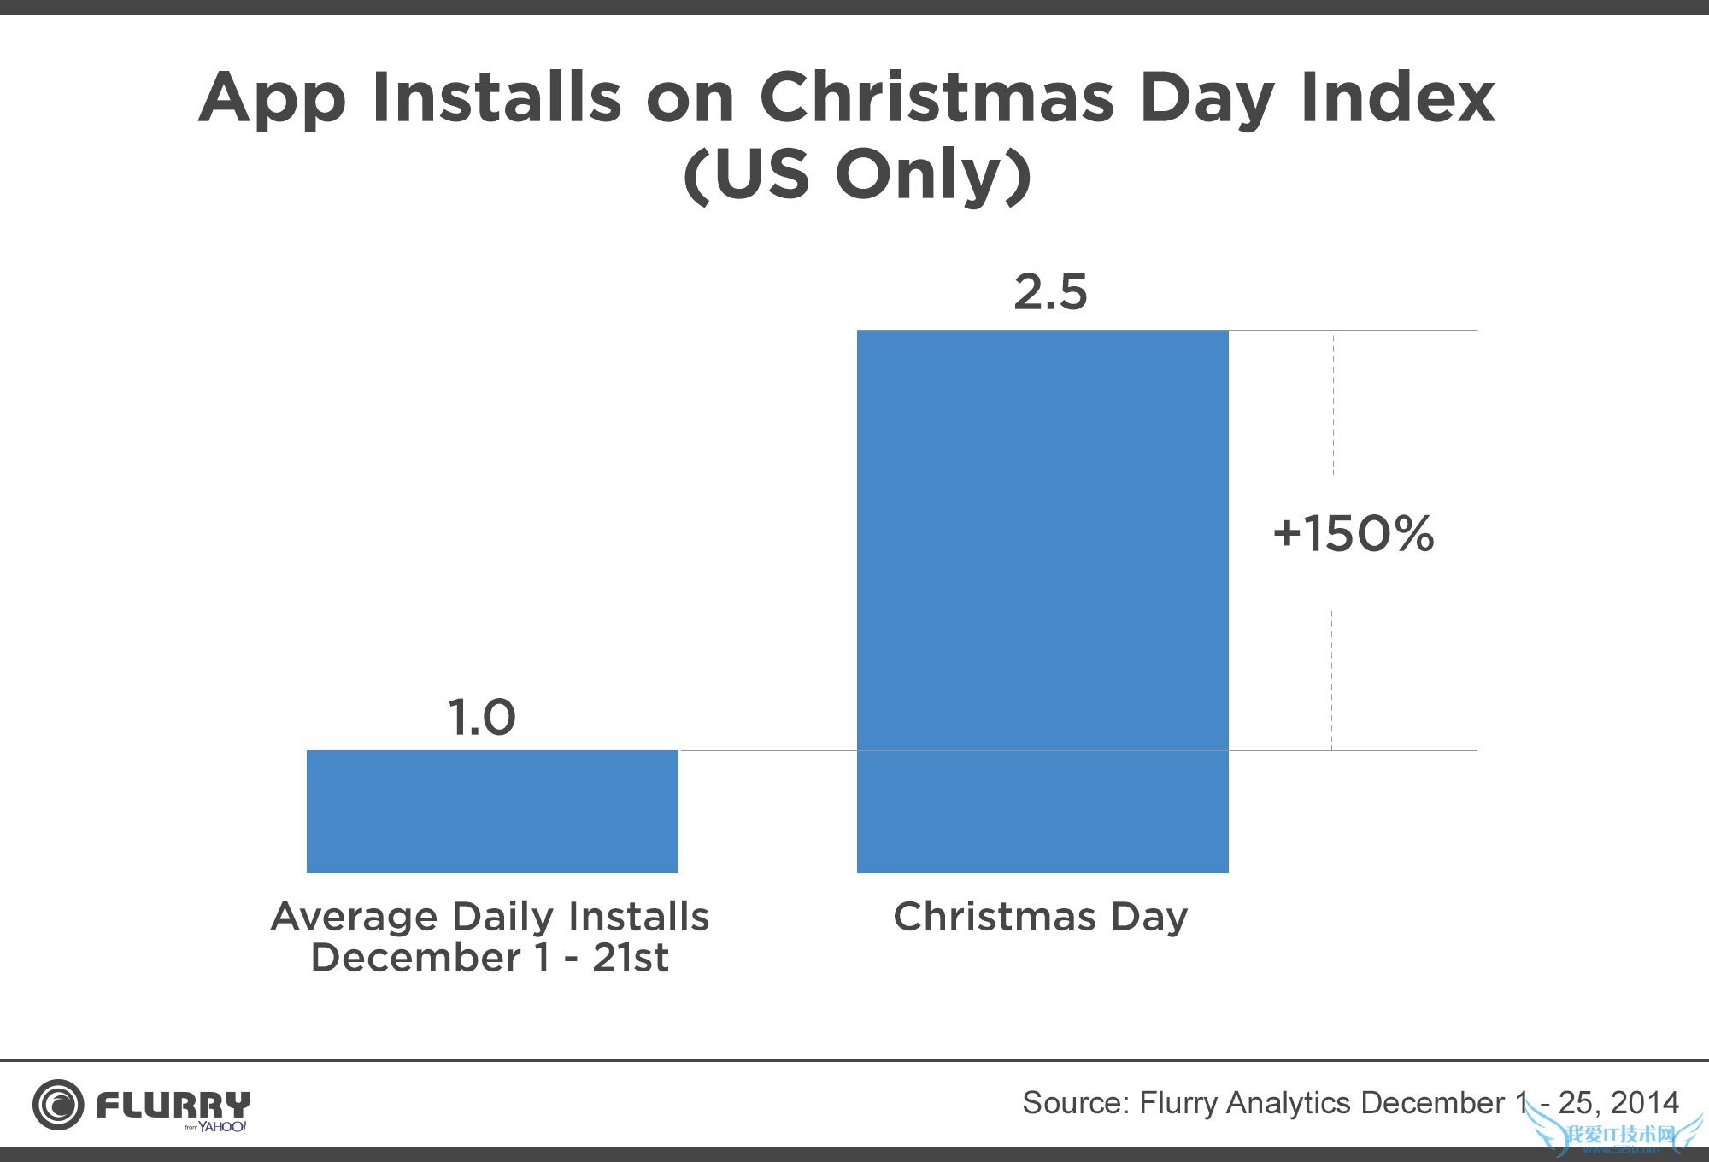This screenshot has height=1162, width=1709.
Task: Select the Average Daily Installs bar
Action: (492, 811)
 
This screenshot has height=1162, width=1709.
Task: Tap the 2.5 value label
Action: (1050, 292)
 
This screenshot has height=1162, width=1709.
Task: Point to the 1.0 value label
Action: (482, 717)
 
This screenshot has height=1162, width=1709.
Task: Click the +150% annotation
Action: (1353, 534)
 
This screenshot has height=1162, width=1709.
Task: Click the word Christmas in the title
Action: (937, 97)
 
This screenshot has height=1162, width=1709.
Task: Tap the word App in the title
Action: (273, 99)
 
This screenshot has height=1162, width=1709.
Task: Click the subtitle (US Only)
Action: (857, 175)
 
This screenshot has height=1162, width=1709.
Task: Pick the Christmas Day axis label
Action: (1041, 917)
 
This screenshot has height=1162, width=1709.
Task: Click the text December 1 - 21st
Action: (490, 958)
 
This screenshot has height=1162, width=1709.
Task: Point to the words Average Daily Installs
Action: (490, 917)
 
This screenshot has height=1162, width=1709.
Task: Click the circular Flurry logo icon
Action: (58, 1104)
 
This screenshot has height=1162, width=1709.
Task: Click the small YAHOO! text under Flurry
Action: (222, 1127)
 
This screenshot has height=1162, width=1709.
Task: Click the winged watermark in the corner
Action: (1615, 1133)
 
